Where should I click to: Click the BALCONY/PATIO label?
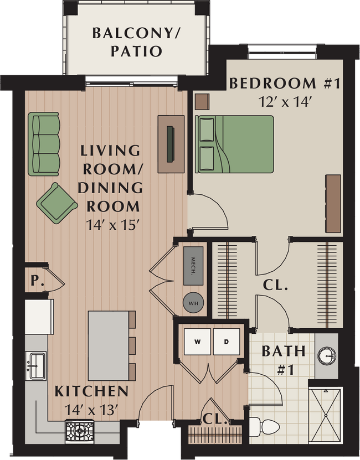tap(136, 42)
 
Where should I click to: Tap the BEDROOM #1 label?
tap(284, 84)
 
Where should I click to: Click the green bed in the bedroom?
tap(235, 144)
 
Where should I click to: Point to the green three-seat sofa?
tap(44, 144)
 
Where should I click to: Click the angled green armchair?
tap(56, 202)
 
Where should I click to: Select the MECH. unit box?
tap(193, 265)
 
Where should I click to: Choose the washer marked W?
tap(197, 342)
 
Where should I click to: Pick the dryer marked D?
tap(227, 342)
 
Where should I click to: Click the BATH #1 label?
tap(283, 359)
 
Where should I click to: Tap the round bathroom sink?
tap(327, 354)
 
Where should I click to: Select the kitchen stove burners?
tap(80, 430)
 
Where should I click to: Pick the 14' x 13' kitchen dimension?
tap(91, 411)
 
